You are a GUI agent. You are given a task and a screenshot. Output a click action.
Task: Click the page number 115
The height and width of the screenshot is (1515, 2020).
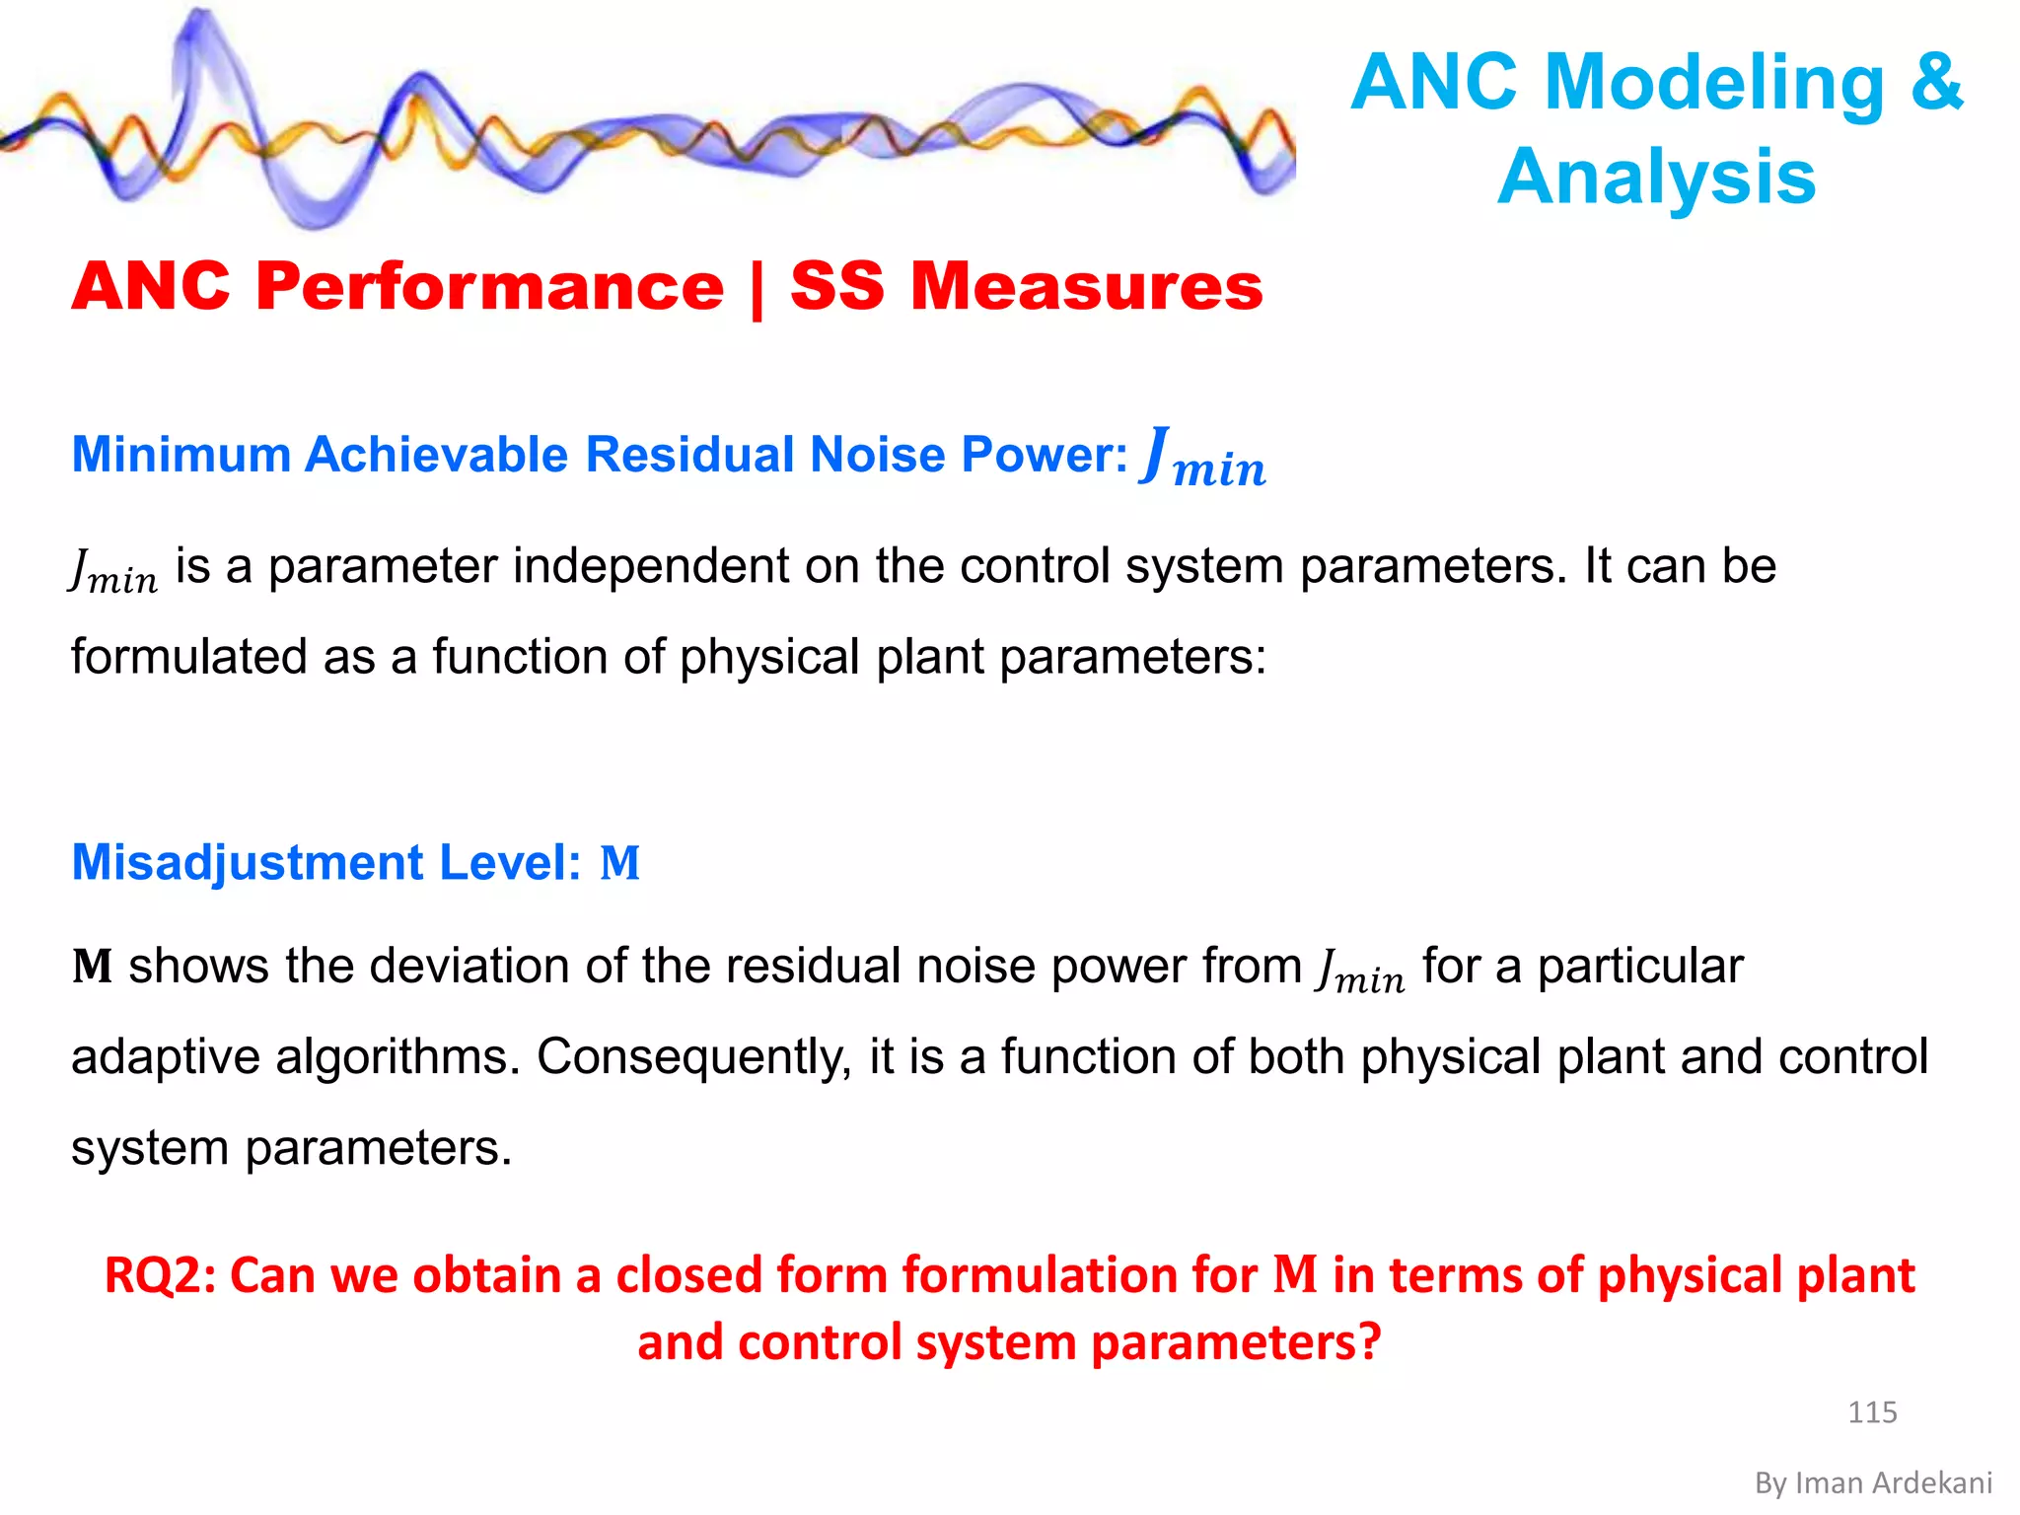click(x=1871, y=1411)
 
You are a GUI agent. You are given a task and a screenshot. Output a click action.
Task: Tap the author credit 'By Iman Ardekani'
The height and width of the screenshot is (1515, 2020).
click(x=1873, y=1482)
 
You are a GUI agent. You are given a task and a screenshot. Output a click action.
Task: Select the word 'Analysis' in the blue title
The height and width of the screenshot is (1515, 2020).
click(x=1656, y=177)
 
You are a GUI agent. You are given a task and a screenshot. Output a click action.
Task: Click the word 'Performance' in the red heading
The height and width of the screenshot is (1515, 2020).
click(x=489, y=287)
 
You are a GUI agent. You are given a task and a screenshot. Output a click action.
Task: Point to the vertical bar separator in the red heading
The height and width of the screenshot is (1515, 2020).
click(x=757, y=289)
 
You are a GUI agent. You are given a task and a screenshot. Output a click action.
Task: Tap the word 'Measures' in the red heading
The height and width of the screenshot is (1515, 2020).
click(x=1086, y=287)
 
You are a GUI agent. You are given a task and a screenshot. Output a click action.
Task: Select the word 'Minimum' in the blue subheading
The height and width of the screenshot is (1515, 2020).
click(x=181, y=455)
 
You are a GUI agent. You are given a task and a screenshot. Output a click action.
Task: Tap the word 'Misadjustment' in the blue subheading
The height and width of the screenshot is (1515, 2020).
click(x=247, y=863)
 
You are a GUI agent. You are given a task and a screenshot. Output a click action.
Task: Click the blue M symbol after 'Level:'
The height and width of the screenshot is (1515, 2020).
click(x=620, y=864)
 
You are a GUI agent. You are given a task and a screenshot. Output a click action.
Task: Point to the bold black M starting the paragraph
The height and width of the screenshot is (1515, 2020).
click(x=92, y=967)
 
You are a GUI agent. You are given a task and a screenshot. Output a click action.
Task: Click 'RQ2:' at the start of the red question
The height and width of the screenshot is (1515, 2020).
click(x=159, y=1275)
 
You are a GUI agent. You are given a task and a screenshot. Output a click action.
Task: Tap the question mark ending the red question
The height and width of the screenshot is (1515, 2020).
click(x=1369, y=1342)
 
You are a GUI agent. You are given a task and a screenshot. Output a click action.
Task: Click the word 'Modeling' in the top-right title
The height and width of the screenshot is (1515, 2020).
click(x=1714, y=83)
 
